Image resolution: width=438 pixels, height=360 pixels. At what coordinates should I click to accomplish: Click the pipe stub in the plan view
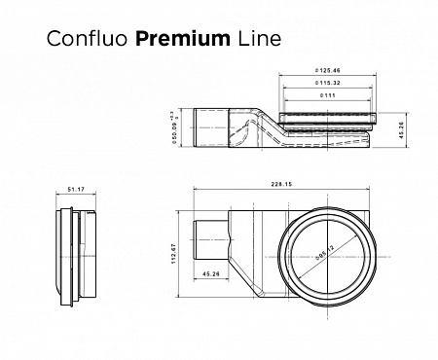(206, 239)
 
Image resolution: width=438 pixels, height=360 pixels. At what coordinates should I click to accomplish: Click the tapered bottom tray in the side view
(321, 142)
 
